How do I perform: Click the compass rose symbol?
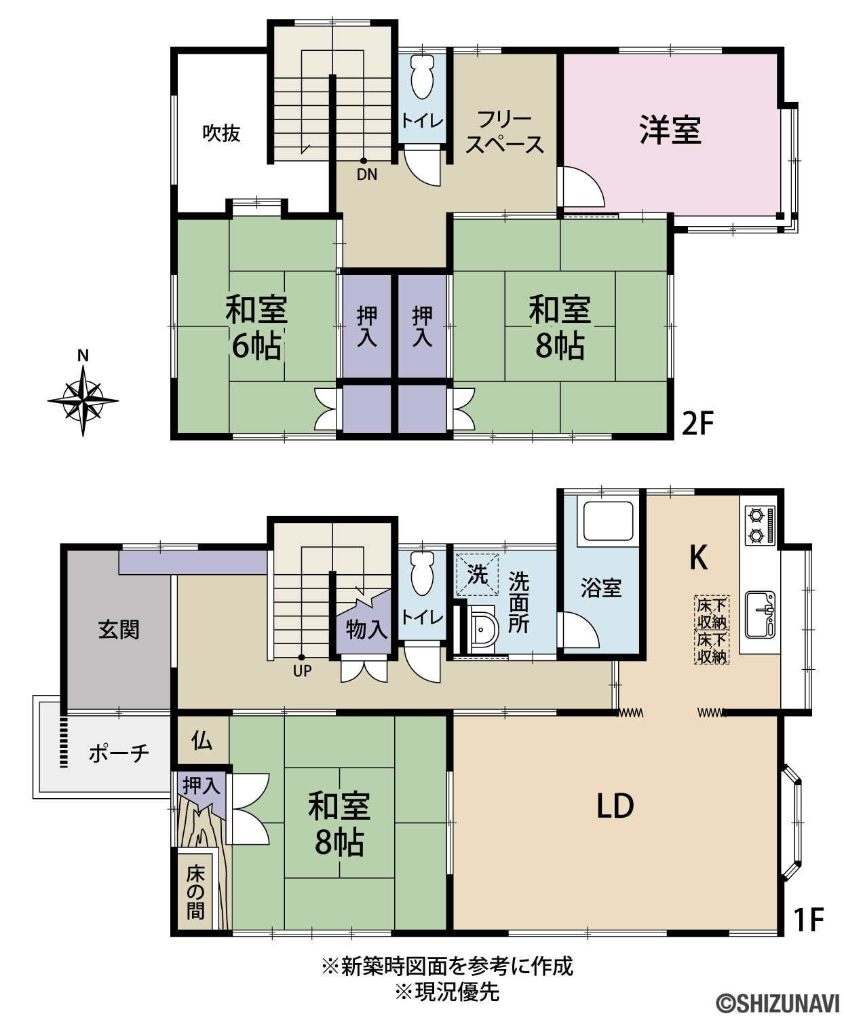tap(83, 401)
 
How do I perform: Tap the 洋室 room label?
tap(670, 130)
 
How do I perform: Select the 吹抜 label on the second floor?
tap(222, 132)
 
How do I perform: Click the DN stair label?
tap(367, 174)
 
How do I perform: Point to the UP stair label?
tap(302, 671)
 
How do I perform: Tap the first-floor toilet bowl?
tap(422, 573)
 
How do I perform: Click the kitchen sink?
tap(760, 615)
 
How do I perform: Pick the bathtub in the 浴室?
tap(608, 521)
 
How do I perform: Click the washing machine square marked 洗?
tap(477, 574)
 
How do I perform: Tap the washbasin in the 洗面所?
tap(482, 629)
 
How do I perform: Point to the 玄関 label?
tap(119, 629)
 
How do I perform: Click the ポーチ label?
tap(119, 754)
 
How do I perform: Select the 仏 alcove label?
tap(202, 740)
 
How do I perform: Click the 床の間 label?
tap(195, 893)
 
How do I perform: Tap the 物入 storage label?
tap(366, 629)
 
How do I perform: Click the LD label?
tap(615, 806)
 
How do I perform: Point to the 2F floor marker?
tap(697, 423)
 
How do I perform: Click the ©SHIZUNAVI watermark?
tap(778, 1003)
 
